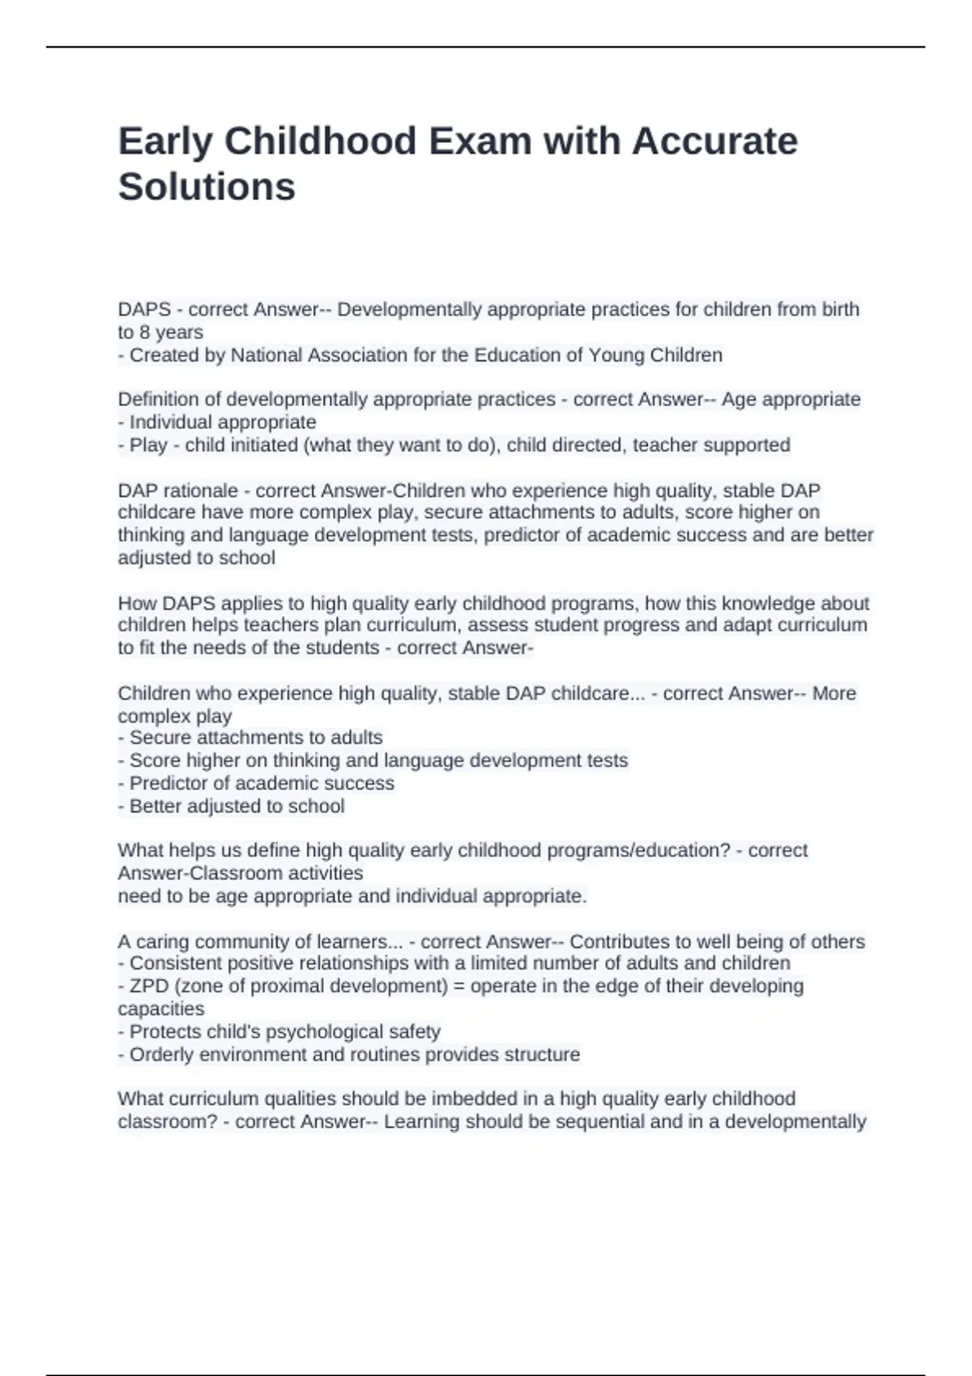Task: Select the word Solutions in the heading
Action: pyautogui.click(x=207, y=187)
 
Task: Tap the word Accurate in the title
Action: pyautogui.click(x=714, y=142)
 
